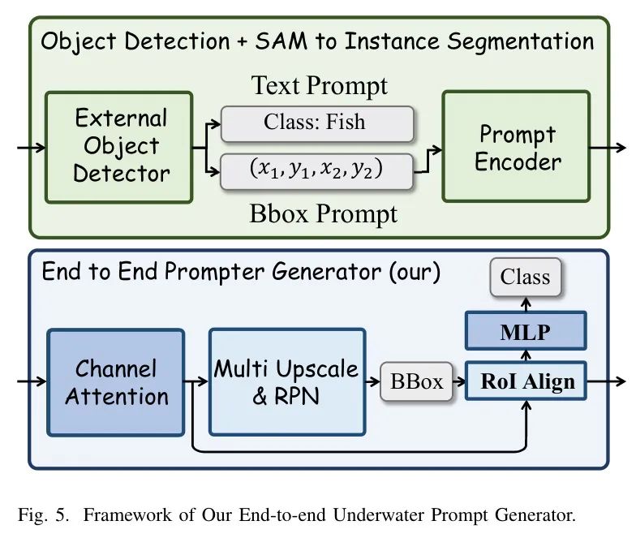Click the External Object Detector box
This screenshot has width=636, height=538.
pyautogui.click(x=118, y=146)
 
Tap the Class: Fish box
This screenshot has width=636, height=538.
pyautogui.click(x=318, y=123)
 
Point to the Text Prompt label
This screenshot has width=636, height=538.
pyautogui.click(x=319, y=85)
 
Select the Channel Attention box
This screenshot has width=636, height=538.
pyautogui.click(x=116, y=382)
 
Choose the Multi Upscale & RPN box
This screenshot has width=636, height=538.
pyautogui.click(x=286, y=382)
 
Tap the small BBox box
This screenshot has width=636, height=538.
pyautogui.click(x=417, y=382)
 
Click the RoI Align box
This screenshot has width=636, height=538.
pyautogui.click(x=525, y=382)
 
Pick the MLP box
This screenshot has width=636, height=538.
pyautogui.click(x=525, y=331)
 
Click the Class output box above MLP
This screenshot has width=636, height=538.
pyautogui.click(x=525, y=278)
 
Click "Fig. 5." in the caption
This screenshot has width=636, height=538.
pyautogui.click(x=41, y=514)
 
